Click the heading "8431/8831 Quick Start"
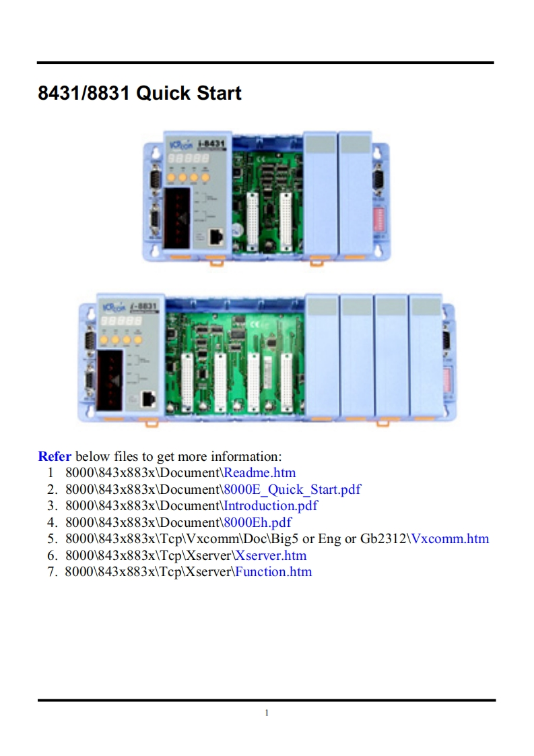139,93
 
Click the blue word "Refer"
55,456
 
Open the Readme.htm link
260,472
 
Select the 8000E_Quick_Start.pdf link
292,489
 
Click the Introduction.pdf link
271,505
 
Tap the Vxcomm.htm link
450,538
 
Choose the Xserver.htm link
271,555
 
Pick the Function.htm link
273,571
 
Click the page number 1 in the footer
267,713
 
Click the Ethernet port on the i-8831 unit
149,398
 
